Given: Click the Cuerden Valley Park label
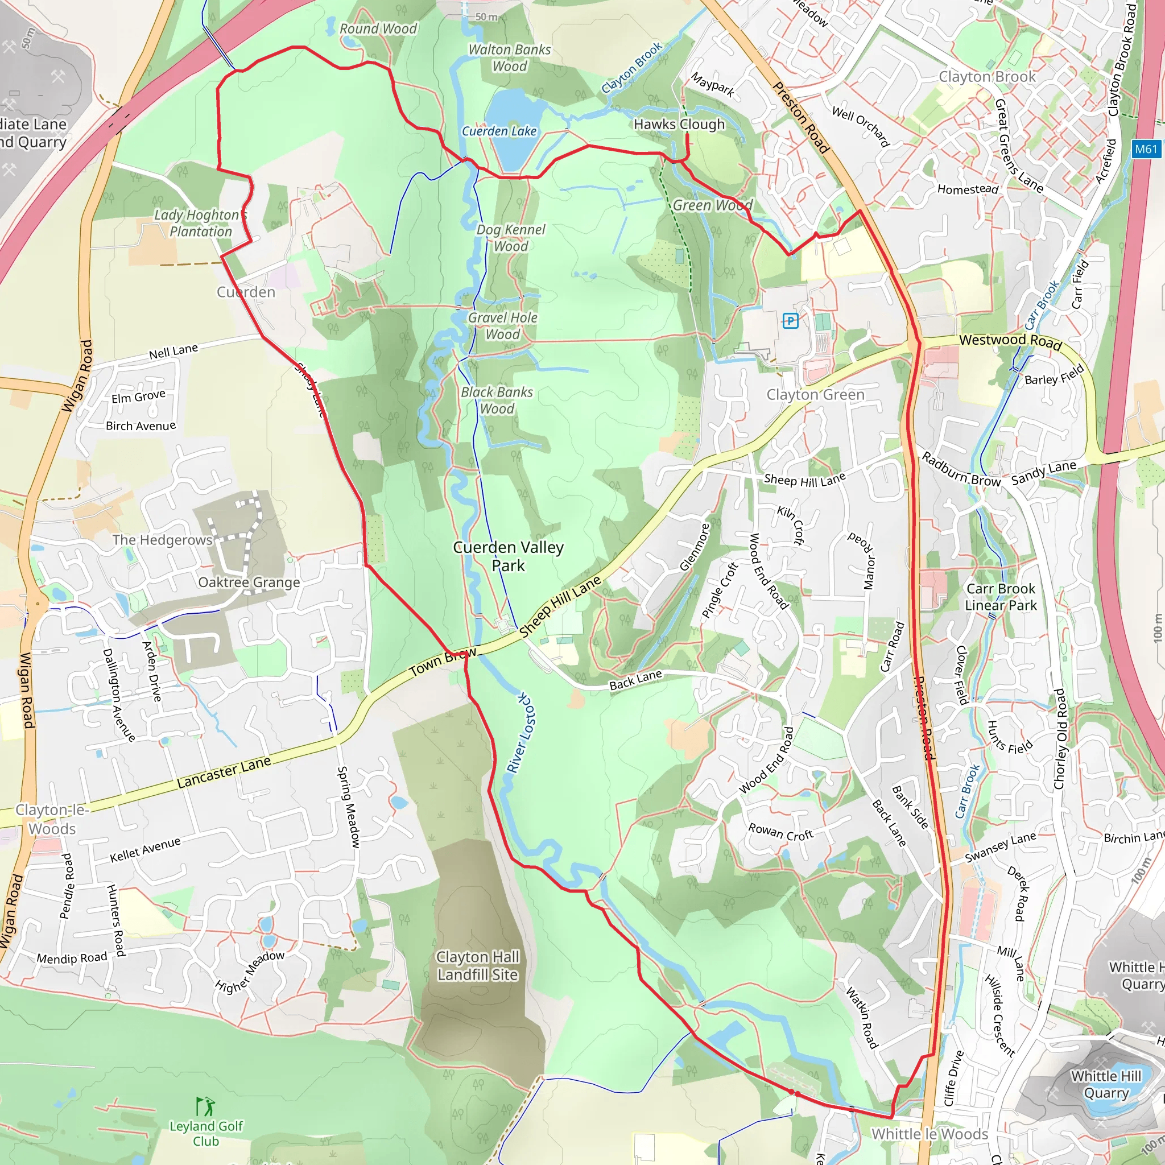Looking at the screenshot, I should tap(509, 556).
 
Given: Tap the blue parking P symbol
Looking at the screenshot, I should tap(790, 320).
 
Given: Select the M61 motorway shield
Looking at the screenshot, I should tap(1146, 149).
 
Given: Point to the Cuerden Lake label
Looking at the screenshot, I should tap(499, 131).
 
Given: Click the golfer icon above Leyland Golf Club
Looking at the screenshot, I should tap(205, 1106).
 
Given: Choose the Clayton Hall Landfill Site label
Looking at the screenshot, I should tap(478, 965).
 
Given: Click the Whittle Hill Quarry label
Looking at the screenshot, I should tap(1106, 1084).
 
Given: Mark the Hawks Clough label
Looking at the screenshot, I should tap(679, 124).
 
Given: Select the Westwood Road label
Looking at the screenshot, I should tap(1010, 341).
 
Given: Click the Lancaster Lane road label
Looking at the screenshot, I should tap(224, 772).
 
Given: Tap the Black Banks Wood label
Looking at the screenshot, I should tap(497, 400).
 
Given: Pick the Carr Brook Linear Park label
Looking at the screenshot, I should tap(1001, 596).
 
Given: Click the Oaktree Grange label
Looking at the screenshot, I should tap(249, 582).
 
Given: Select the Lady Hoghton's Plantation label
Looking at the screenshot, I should tap(200, 223).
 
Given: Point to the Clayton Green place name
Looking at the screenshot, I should tap(815, 394).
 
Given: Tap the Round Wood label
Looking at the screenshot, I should tap(378, 28).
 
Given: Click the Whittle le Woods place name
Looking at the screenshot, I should tap(930, 1134).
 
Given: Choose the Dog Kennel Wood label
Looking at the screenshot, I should tap(510, 238).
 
